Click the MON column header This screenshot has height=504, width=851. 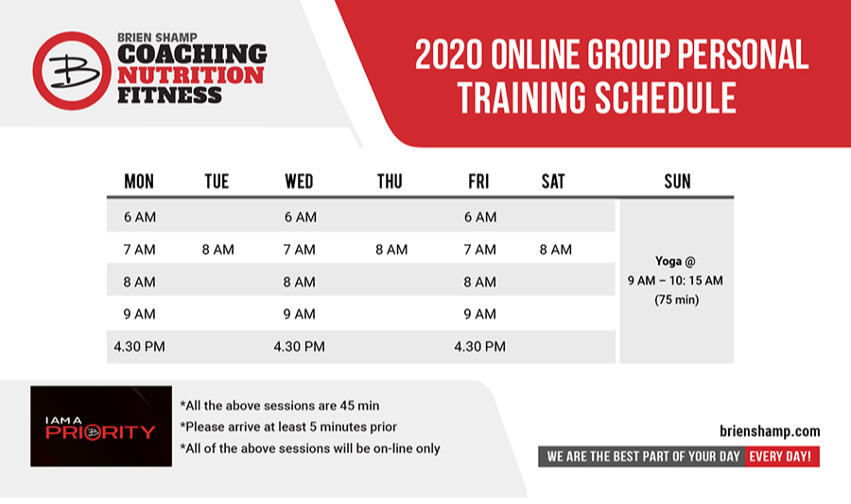coord(139,182)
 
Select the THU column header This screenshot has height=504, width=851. coord(390,182)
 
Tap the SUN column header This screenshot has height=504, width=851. coord(677,182)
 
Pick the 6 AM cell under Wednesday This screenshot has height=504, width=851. coord(300,217)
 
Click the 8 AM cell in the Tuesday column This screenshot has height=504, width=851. coord(218,250)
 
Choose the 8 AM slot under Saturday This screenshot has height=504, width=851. coord(556,250)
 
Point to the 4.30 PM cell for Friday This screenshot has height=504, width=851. coord(479,347)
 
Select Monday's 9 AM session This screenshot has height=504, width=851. coord(140,314)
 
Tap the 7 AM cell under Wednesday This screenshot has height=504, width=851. coord(299,250)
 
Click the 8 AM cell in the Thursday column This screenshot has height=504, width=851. coord(391,250)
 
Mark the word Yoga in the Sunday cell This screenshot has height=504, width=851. coord(669,262)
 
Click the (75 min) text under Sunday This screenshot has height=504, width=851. coord(676,300)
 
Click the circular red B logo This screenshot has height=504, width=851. coord(72,71)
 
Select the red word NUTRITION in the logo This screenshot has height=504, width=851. coord(190,76)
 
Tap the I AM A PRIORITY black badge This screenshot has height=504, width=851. coord(101,426)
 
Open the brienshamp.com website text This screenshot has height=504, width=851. coord(770,431)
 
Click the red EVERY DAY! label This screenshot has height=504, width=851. coord(782,457)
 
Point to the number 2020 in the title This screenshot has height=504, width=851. coord(448,55)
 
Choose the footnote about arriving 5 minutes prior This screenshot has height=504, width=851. coord(288,427)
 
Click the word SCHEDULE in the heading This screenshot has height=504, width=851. coord(666,97)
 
